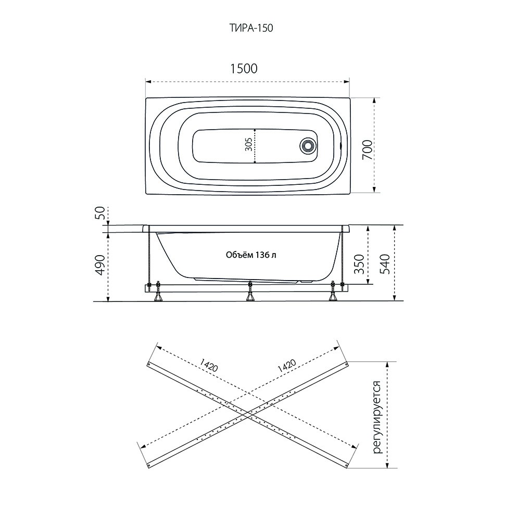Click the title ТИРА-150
pos(251,28)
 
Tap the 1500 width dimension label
pos(244,69)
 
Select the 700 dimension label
pos(368,150)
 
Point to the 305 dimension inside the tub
pos(248,146)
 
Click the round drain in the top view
pos(307,146)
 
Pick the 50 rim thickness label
pos(101,213)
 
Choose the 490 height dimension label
pos(101,265)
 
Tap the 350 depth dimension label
pos(359,264)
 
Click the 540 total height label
pos(385,264)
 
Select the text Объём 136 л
pos(251,255)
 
